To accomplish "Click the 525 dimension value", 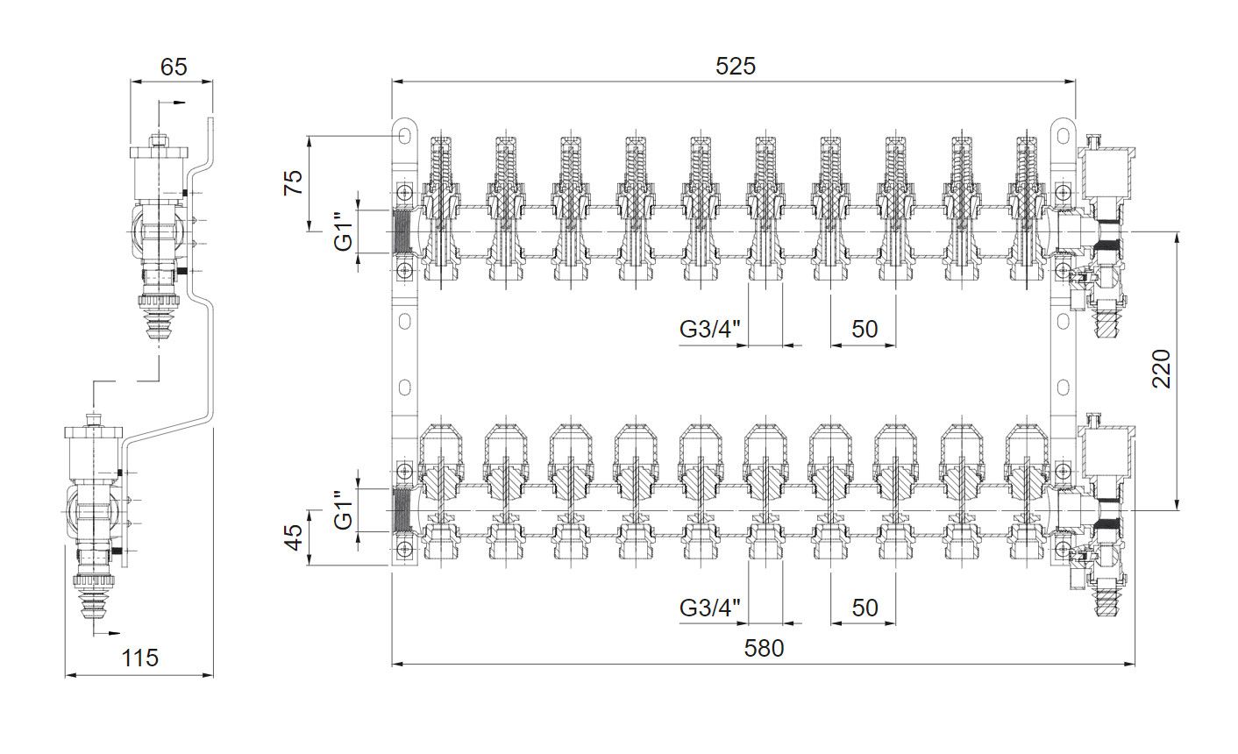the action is [x=735, y=67].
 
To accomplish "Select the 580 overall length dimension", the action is [x=764, y=648].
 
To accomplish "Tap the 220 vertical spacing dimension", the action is [x=1161, y=369].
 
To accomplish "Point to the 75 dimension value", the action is [x=294, y=182].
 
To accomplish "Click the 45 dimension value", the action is [x=294, y=537].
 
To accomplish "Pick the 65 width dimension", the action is [x=174, y=67].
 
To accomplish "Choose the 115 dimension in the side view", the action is [x=139, y=658].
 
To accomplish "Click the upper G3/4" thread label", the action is [x=709, y=330].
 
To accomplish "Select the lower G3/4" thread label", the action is [x=709, y=608].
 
